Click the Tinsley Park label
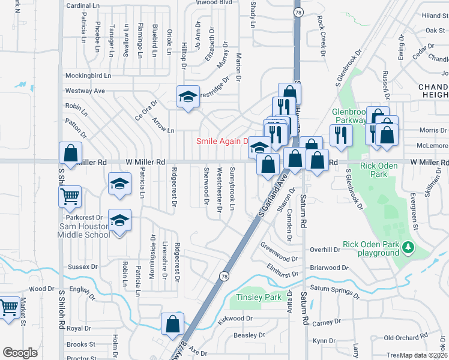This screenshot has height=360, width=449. pyautogui.click(x=259, y=298)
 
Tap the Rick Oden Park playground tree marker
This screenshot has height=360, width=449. pyautogui.click(x=409, y=247)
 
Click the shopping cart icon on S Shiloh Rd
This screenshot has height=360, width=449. pyautogui.click(x=70, y=196)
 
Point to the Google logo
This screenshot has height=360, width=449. pyautogui.click(x=20, y=352)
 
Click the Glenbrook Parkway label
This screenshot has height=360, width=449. pyautogui.click(x=349, y=116)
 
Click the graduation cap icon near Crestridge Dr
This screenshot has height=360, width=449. pyautogui.click(x=188, y=96)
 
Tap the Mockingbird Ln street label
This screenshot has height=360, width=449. pyautogui.click(x=88, y=76)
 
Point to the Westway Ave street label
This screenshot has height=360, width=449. pyautogui.click(x=85, y=91)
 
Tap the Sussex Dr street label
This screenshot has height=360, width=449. pyautogui.click(x=83, y=266)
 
